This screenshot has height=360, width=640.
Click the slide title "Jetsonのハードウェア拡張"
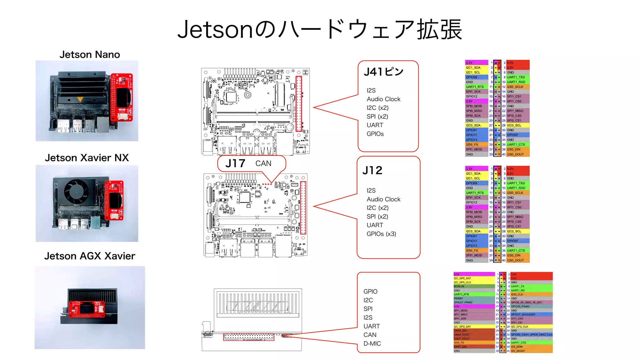319,29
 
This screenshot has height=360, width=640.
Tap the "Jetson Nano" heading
90,55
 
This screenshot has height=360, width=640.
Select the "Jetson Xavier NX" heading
87,158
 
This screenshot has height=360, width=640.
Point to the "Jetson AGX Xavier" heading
89,256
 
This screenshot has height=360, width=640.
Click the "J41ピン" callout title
383,72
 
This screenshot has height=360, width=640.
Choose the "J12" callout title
372,171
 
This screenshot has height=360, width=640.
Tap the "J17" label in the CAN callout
235,163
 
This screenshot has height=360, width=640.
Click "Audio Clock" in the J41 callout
383,99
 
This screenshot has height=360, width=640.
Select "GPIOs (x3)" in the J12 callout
381,234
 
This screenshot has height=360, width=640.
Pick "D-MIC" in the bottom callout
372,344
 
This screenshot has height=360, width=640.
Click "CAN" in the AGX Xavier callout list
370,335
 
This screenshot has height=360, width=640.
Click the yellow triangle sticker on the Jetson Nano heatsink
80,100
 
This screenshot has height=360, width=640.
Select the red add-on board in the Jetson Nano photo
122,97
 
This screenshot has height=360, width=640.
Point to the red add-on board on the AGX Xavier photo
87,309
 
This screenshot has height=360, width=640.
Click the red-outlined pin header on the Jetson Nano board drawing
299,103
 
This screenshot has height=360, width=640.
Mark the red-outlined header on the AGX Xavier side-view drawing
249,337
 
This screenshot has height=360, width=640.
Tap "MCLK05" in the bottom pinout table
459,286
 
